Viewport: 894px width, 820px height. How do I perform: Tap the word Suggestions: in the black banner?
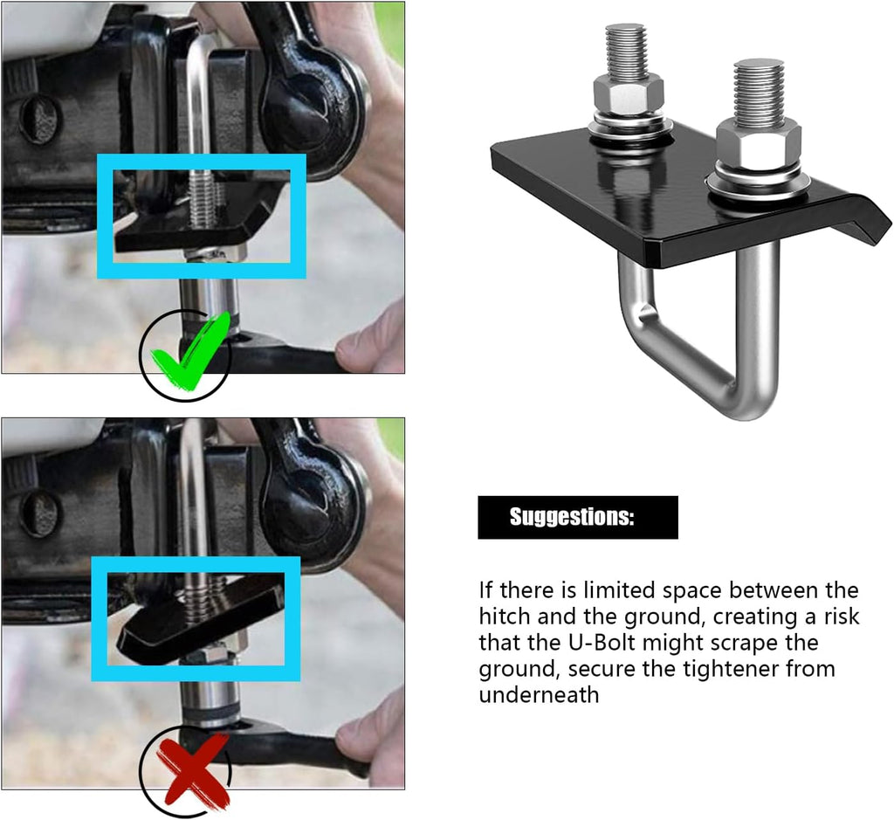pyautogui.click(x=571, y=517)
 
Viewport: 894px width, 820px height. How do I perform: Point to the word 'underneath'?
pyautogui.click(x=539, y=695)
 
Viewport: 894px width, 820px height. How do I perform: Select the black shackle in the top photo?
pyautogui.click(x=311, y=91)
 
